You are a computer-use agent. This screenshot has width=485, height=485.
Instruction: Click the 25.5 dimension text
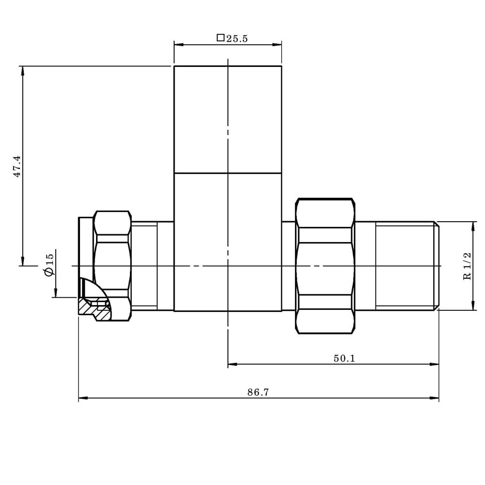coord(237,39)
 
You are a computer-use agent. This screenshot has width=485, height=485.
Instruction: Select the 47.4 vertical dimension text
coord(17,166)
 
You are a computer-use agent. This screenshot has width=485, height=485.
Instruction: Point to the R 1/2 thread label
coord(468,266)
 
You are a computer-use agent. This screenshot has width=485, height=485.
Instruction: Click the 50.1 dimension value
coord(344,358)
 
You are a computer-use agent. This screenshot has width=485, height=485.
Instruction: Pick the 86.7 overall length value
coord(258,392)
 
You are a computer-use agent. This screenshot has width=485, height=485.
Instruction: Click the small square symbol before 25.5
coord(220,38)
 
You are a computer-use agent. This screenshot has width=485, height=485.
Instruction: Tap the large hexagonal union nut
coord(324,266)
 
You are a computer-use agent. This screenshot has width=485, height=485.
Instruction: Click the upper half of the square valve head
coord(227,119)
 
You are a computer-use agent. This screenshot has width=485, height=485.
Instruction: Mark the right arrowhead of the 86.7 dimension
coord(435,399)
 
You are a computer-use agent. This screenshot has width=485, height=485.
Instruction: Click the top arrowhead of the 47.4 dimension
coord(22,70)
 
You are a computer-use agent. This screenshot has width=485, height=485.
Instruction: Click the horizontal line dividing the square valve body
coord(227,173)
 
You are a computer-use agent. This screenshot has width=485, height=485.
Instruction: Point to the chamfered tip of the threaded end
coord(436,266)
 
